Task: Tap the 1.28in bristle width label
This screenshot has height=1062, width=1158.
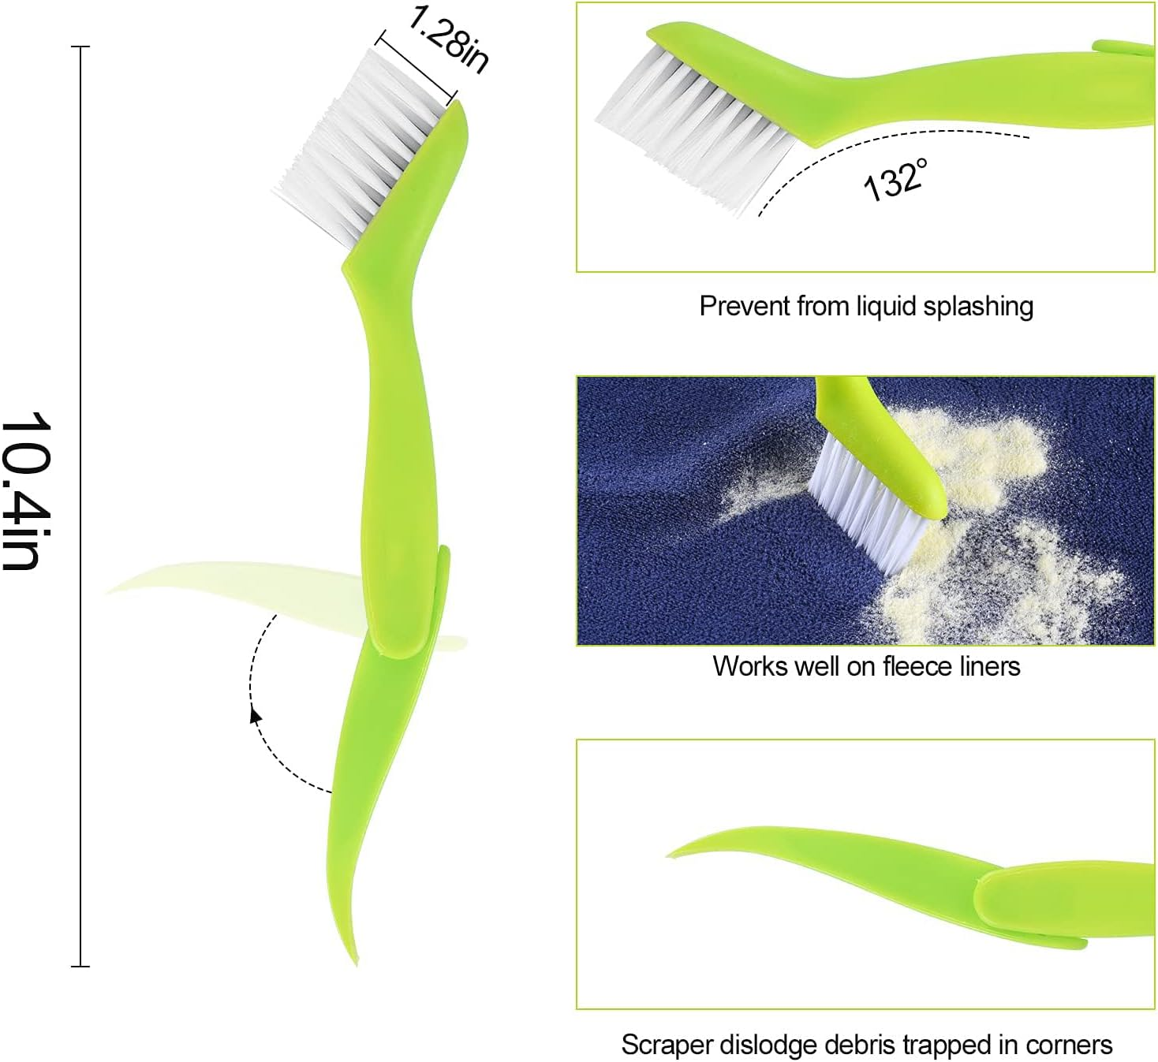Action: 449,39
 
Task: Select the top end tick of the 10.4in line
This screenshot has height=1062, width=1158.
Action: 80,47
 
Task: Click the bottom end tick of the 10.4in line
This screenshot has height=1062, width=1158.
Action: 80,966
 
